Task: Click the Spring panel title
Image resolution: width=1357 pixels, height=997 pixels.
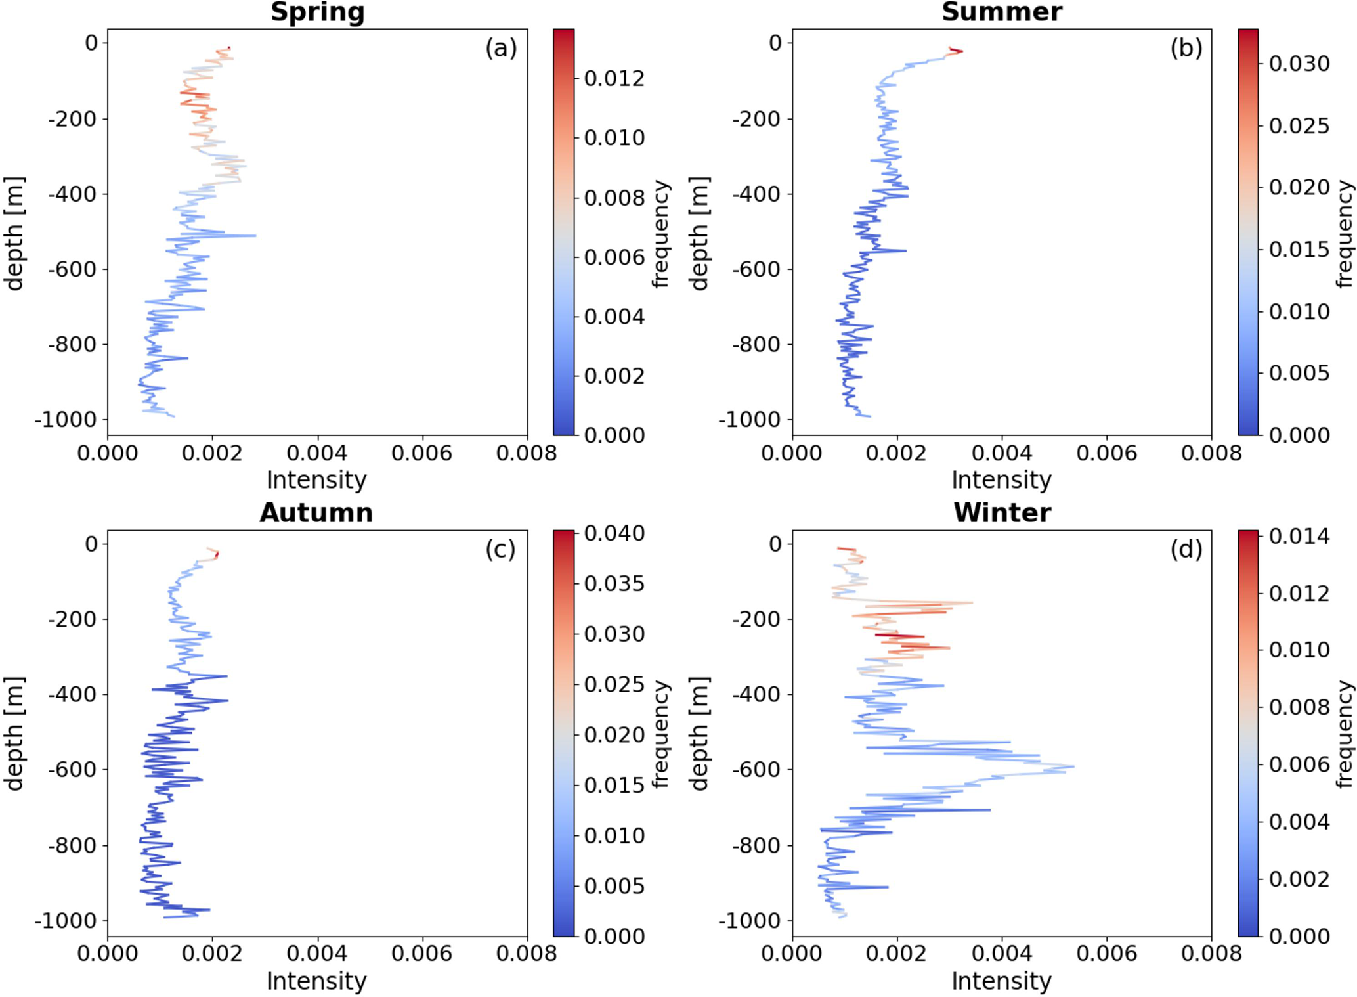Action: (x=317, y=12)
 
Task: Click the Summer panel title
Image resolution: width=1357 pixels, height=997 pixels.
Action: (x=1001, y=12)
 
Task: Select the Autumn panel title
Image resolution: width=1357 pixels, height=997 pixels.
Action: (x=316, y=512)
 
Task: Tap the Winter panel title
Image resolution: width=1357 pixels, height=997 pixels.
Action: (x=1002, y=512)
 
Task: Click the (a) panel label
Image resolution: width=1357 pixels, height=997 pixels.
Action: (x=501, y=48)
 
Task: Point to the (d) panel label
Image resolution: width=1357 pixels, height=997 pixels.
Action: (x=1186, y=548)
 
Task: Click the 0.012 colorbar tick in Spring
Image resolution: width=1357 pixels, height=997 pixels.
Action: (x=614, y=79)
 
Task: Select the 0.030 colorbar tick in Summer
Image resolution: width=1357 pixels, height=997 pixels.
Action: (x=1299, y=64)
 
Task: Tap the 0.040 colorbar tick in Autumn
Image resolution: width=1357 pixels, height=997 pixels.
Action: (x=614, y=533)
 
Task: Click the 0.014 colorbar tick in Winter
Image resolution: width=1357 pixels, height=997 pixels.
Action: (x=1299, y=537)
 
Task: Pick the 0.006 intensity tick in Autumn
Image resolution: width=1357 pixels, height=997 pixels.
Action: (x=421, y=954)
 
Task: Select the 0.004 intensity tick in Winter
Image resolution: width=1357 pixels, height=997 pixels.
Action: (x=1002, y=954)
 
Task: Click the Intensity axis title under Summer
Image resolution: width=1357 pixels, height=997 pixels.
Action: (x=1001, y=480)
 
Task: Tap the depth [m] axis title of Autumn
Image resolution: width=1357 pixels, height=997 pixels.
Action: (x=14, y=734)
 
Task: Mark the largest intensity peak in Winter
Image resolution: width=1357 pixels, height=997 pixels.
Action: (x=1073, y=766)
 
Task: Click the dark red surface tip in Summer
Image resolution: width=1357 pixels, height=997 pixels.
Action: (x=960, y=51)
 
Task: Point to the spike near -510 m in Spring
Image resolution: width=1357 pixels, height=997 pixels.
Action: (x=255, y=235)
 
